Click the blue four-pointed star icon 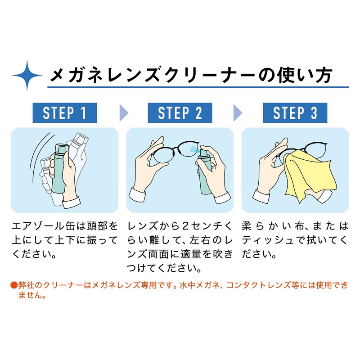coord(27,75)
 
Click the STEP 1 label coord(65,113)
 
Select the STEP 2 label coord(180,113)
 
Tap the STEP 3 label coord(295,113)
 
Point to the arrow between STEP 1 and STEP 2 coord(123,113)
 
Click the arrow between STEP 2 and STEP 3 coord(238,113)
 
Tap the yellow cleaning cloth coord(310,175)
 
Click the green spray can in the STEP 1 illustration coord(59,169)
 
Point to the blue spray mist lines coord(194,149)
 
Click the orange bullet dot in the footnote coord(14,285)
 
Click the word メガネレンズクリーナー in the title coord(153,75)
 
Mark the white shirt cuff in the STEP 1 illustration coord(72,202)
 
